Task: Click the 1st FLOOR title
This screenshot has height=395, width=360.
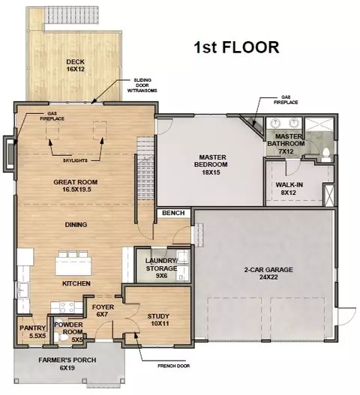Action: [236, 47]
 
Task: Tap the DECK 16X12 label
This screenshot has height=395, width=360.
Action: [76, 65]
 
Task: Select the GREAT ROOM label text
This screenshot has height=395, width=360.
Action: [76, 182]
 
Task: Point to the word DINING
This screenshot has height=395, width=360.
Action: [76, 224]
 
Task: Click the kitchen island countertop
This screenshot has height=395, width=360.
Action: [73, 266]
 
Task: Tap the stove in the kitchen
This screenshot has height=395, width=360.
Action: [67, 307]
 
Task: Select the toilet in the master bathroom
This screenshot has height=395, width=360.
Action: [325, 154]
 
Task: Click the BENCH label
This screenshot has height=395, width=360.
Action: [173, 213]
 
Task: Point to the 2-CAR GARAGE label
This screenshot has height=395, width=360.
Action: [268, 274]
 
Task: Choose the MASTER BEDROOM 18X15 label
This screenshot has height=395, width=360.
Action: [211, 165]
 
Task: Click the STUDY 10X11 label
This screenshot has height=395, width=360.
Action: [158, 320]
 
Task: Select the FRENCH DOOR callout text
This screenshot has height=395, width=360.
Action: [174, 366]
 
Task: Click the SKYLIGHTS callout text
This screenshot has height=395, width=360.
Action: [75, 160]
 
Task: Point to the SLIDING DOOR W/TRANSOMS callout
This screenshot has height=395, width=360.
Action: [142, 85]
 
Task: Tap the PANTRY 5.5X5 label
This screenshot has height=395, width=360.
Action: [33, 332]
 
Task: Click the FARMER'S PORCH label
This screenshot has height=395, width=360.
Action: [67, 364]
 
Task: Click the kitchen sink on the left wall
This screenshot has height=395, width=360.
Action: [22, 290]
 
